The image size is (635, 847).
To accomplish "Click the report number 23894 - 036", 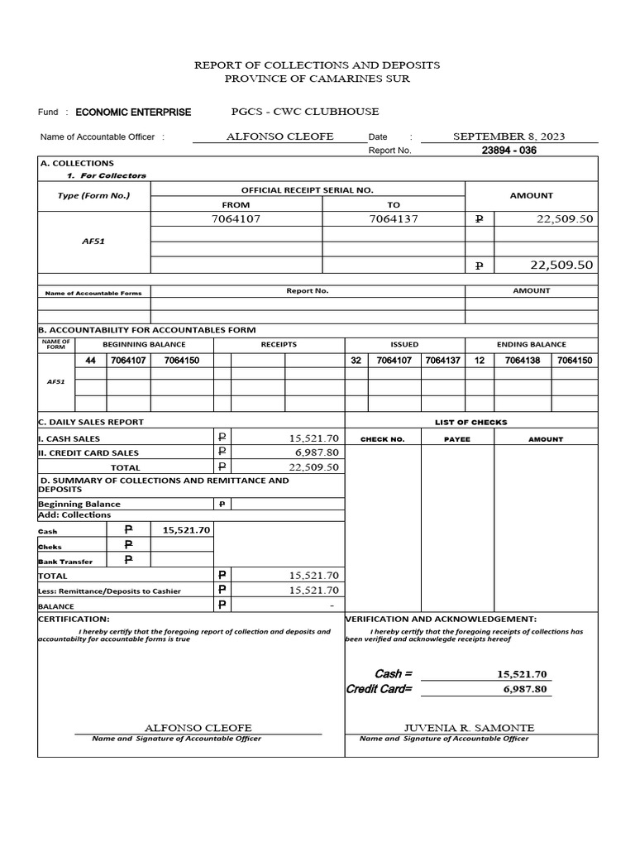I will (x=514, y=151).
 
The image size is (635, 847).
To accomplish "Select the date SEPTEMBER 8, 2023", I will (x=509, y=136).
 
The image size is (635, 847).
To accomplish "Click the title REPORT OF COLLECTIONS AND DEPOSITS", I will (x=317, y=65).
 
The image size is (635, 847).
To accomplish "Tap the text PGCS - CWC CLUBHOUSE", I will (x=305, y=112).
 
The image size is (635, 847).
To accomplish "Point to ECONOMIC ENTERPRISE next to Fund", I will (x=133, y=112).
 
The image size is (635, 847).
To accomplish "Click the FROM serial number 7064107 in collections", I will (x=236, y=219).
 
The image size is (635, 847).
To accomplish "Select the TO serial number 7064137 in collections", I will (x=393, y=219).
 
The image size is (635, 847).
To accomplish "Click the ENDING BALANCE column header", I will (x=532, y=344).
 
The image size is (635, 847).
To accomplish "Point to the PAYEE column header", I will (x=456, y=439).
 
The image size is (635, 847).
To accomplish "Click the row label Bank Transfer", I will (x=65, y=562).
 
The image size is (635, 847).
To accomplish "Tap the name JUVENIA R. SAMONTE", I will (x=468, y=728).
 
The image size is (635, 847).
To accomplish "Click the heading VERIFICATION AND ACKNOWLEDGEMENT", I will (x=441, y=619).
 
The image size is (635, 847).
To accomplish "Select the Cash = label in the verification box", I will (x=393, y=674).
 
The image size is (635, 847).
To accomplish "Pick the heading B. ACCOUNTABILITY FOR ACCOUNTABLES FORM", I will (x=148, y=329).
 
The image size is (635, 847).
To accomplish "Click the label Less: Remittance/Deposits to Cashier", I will (x=109, y=591).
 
